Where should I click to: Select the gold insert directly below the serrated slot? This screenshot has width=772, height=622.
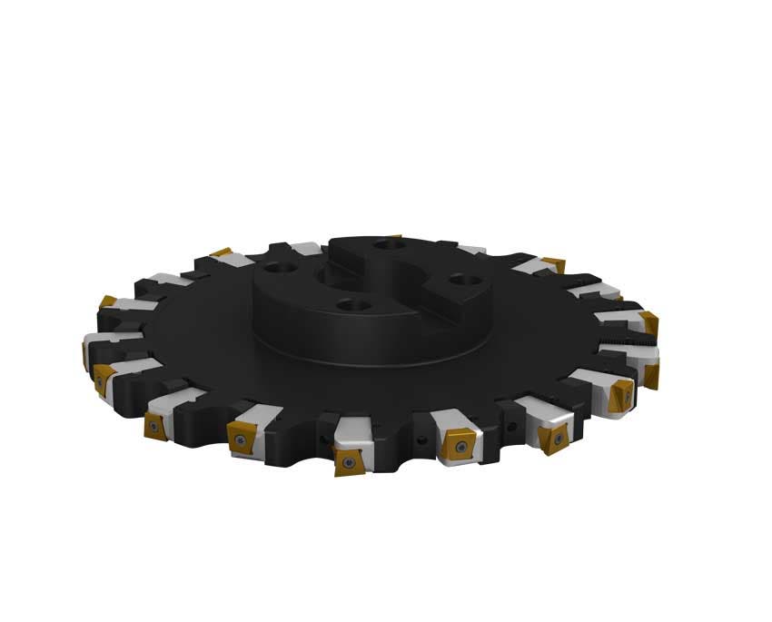point(650,372)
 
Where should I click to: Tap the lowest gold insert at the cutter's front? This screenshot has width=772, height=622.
point(348,461)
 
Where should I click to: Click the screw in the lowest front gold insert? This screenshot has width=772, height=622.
point(349,459)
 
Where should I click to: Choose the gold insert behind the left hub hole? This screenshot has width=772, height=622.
point(221,253)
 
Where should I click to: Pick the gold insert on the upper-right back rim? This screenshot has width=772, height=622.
point(553,265)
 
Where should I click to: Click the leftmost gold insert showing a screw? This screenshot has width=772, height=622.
point(100,379)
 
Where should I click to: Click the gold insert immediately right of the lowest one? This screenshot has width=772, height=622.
point(455,449)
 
